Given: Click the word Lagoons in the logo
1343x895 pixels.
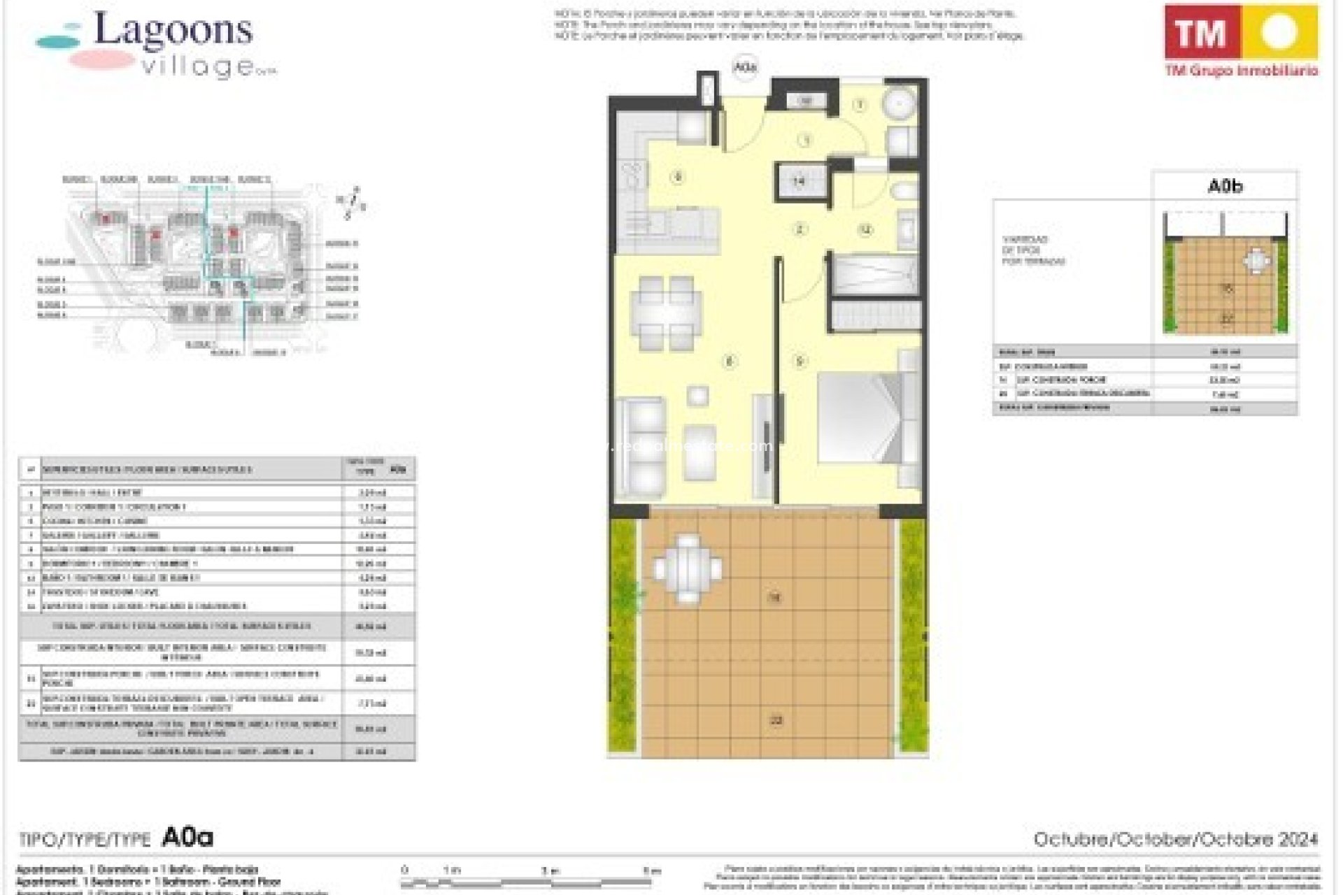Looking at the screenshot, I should coord(173,29).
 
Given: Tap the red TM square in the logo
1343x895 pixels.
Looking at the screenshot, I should coord(1202,32).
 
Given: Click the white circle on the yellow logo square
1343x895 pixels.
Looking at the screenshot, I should coord(1279,32).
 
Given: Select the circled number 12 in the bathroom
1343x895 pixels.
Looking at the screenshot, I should coord(865,229).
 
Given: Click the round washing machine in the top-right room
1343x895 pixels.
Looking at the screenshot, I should coord(898,106).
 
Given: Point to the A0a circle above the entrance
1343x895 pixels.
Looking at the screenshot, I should coord(745,68).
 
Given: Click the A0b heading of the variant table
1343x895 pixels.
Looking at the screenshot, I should coord(1225,187).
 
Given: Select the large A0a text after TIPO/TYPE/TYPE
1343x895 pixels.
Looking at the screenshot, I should coord(187,837).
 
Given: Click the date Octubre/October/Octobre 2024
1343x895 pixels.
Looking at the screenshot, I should coord(1175,839).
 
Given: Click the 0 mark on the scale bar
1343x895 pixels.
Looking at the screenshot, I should coord(404,871).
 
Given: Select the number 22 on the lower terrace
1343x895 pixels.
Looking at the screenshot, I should coord(775,720).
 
